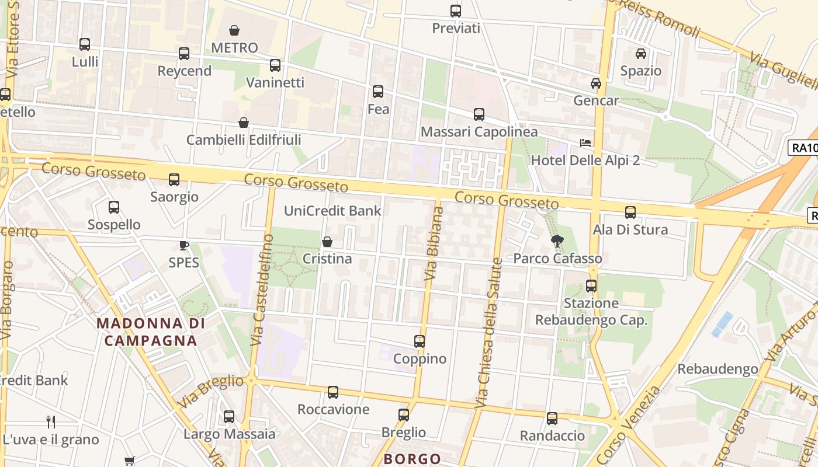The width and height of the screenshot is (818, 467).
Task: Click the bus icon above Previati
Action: pos(456,11)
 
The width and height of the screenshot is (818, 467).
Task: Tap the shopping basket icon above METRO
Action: pos(234,30)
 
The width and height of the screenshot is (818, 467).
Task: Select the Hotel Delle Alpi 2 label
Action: pos(585,160)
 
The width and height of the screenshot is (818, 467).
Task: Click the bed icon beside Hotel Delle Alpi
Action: pos(585,143)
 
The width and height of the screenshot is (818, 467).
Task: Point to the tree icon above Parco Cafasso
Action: pos(557,241)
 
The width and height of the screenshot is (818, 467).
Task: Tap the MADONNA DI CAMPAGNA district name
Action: pos(151,332)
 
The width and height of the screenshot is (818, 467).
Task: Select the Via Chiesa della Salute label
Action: pos(490,332)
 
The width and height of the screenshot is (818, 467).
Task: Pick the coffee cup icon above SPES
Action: pos(184,246)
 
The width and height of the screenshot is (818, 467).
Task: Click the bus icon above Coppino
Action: pos(420,341)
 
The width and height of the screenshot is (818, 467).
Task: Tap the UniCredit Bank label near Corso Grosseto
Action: pos(332,211)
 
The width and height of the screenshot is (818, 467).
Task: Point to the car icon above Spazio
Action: pos(641,54)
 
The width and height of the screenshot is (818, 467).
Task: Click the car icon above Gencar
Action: pos(596,83)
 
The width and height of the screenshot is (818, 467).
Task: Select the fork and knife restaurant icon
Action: pos(51,421)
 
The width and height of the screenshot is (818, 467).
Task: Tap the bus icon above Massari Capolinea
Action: pos(479,114)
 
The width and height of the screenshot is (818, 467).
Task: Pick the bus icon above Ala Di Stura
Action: pos(630,212)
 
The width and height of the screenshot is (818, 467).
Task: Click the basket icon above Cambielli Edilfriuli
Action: pos(244,123)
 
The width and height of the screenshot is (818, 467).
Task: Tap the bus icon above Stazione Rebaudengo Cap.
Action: pos(591,286)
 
